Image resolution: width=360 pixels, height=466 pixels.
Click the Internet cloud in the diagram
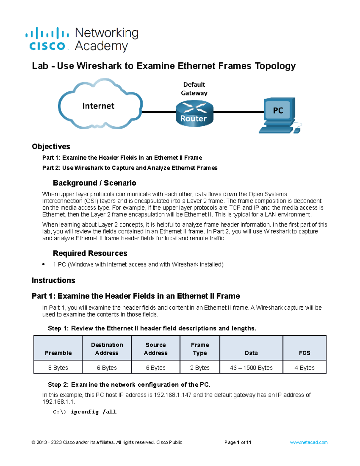pos(100,104)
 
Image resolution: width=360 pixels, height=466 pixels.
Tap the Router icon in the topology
pos(194,113)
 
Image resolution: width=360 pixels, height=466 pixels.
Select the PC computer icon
pos(280,115)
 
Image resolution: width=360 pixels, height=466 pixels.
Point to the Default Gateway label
pos(194,89)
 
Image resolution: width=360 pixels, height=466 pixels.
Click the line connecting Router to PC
pos(238,112)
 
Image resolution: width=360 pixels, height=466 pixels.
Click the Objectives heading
pos(51,146)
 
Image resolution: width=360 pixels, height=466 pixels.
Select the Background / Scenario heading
pos(94,183)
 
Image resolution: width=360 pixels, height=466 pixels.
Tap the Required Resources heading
pos(90,253)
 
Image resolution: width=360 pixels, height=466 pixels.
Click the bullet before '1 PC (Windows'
pos(43,264)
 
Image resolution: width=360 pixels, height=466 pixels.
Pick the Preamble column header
pos(58,353)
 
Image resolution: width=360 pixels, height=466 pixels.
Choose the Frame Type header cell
pos(200,349)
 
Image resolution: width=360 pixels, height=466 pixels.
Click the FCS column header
pos(304,353)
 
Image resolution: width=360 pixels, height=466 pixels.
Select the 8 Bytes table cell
pos(58,368)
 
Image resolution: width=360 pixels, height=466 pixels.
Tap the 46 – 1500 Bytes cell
pos(251,368)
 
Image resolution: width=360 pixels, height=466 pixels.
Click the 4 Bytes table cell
pos(304,368)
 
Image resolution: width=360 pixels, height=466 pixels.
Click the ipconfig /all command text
pos(94,412)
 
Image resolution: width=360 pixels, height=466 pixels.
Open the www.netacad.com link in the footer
pos(308,442)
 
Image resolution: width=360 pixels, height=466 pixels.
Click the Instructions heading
pos(53,280)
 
